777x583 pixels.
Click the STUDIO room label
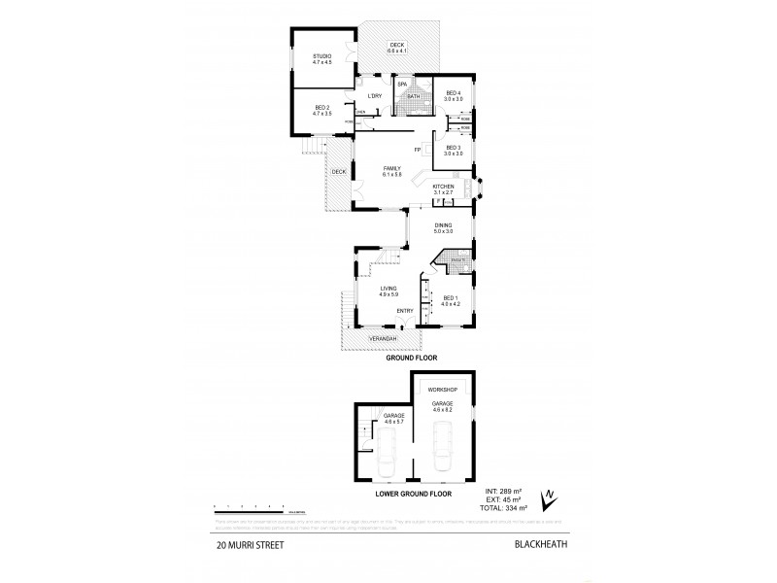point(322,57)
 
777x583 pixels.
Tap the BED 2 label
point(322,110)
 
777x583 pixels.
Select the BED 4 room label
point(454,94)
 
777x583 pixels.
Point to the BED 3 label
point(454,148)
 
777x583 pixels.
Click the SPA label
point(400,85)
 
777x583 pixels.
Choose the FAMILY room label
point(391,168)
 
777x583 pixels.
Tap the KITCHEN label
point(444,186)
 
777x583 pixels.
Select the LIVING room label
point(389,290)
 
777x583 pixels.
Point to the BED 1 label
point(450,297)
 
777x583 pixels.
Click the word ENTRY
point(405,310)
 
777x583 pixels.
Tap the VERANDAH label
point(383,338)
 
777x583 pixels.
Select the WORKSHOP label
point(443,390)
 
